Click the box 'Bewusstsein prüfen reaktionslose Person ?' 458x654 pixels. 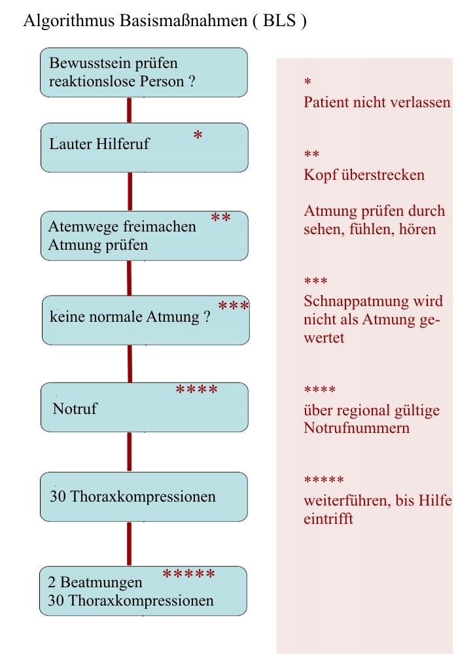point(144,73)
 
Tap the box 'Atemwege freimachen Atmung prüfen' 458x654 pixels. point(144,235)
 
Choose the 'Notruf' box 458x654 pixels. point(144,407)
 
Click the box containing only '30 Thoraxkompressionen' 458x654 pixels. point(144,496)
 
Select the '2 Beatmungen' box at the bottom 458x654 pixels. point(143,591)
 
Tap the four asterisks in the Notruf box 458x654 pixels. point(197,390)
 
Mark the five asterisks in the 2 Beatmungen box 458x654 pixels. point(188,575)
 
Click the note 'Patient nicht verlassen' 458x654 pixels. point(378,103)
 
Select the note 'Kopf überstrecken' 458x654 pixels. point(364,175)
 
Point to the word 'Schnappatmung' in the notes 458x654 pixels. point(345,302)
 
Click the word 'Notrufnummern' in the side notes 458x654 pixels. point(357,428)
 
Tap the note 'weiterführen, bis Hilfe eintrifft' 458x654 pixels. point(378,511)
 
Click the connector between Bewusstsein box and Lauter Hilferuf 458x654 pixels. point(130,110)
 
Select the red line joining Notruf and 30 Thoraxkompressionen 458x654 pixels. point(129,451)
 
